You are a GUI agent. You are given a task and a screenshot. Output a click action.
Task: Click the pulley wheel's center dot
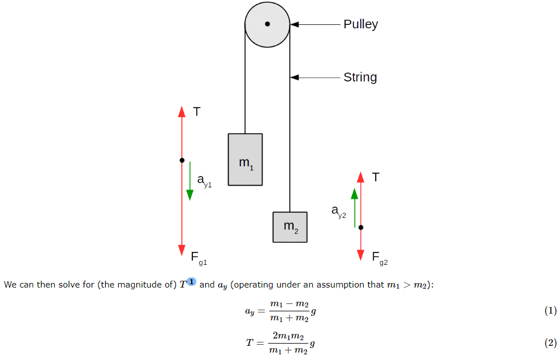tap(268, 24)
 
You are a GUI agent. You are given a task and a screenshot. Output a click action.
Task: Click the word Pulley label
tap(360, 24)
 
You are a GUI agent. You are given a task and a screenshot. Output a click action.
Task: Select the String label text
tap(360, 77)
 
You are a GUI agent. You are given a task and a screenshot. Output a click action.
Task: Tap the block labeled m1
tap(245, 160)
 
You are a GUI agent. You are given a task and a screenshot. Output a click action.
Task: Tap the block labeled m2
tap(290, 227)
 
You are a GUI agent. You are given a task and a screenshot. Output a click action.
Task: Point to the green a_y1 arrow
tap(190, 181)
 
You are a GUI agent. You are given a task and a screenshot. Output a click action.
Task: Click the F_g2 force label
tap(380, 258)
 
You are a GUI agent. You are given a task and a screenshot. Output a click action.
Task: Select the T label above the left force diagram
tap(196, 112)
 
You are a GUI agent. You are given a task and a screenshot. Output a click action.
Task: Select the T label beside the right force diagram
tap(376, 177)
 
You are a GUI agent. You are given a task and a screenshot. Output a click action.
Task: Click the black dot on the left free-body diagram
tap(182, 160)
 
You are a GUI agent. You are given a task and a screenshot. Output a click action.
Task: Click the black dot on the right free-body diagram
tap(361, 227)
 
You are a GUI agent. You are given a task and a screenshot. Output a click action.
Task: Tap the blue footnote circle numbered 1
tap(191, 282)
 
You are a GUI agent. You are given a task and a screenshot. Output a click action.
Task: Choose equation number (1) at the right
tap(550, 311)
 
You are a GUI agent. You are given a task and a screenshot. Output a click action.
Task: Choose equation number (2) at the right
tap(550, 342)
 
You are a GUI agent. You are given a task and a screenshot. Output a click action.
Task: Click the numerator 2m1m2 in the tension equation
tap(288, 336)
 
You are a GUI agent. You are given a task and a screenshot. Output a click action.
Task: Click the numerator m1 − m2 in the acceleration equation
tap(288, 305)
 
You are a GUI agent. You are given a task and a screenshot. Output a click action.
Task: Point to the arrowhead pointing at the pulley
tap(295, 24)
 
